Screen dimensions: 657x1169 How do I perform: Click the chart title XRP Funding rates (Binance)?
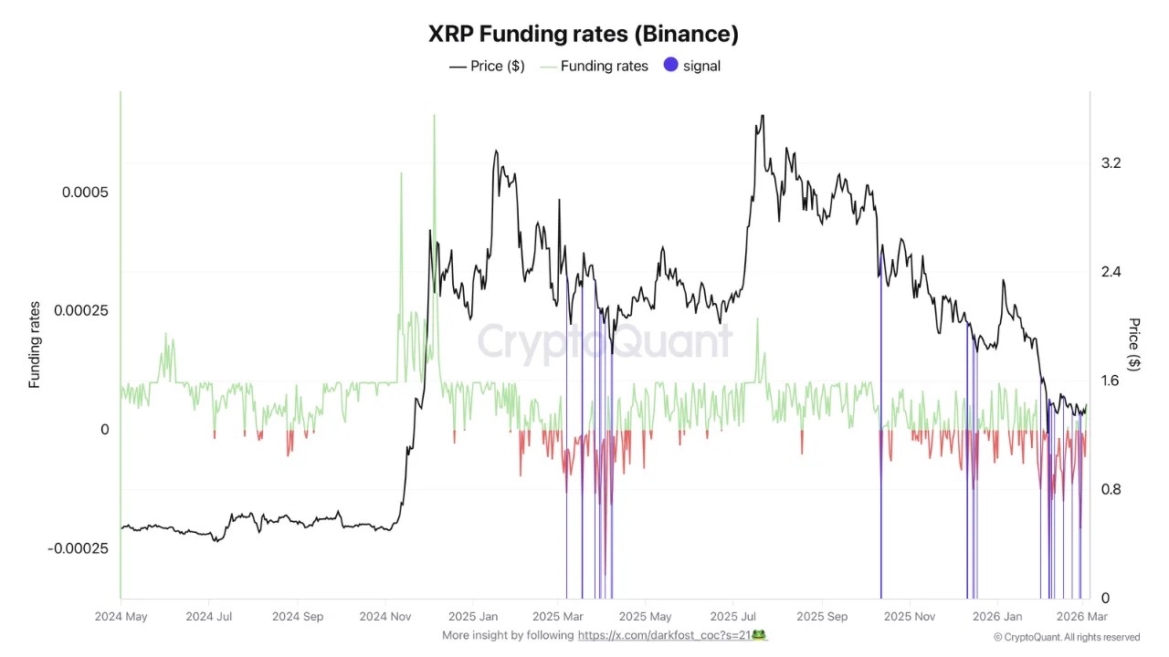tap(584, 34)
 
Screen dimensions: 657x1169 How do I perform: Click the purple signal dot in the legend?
tap(671, 66)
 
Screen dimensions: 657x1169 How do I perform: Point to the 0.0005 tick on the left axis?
tap(85, 193)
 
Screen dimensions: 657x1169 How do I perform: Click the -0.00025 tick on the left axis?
tap(78, 548)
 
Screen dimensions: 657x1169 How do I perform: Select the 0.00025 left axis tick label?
tap(81, 311)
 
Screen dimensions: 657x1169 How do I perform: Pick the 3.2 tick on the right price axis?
tap(1111, 163)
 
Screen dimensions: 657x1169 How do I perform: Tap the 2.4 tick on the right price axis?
tap(1111, 272)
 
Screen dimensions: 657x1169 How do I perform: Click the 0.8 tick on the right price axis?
tap(1111, 490)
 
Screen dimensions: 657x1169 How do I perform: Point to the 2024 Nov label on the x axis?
tap(385, 617)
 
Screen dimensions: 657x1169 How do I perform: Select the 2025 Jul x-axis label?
tap(735, 617)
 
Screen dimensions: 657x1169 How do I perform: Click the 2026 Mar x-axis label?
tap(1082, 617)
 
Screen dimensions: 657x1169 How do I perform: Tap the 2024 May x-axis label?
tap(121, 617)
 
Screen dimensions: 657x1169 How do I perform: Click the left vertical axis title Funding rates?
tap(35, 345)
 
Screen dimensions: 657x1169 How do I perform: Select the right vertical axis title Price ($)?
tap(1134, 344)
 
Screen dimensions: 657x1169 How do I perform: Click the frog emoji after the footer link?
tap(758, 635)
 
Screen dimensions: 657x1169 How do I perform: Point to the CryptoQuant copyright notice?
tap(1066, 637)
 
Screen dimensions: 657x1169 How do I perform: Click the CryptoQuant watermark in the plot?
tap(605, 343)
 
